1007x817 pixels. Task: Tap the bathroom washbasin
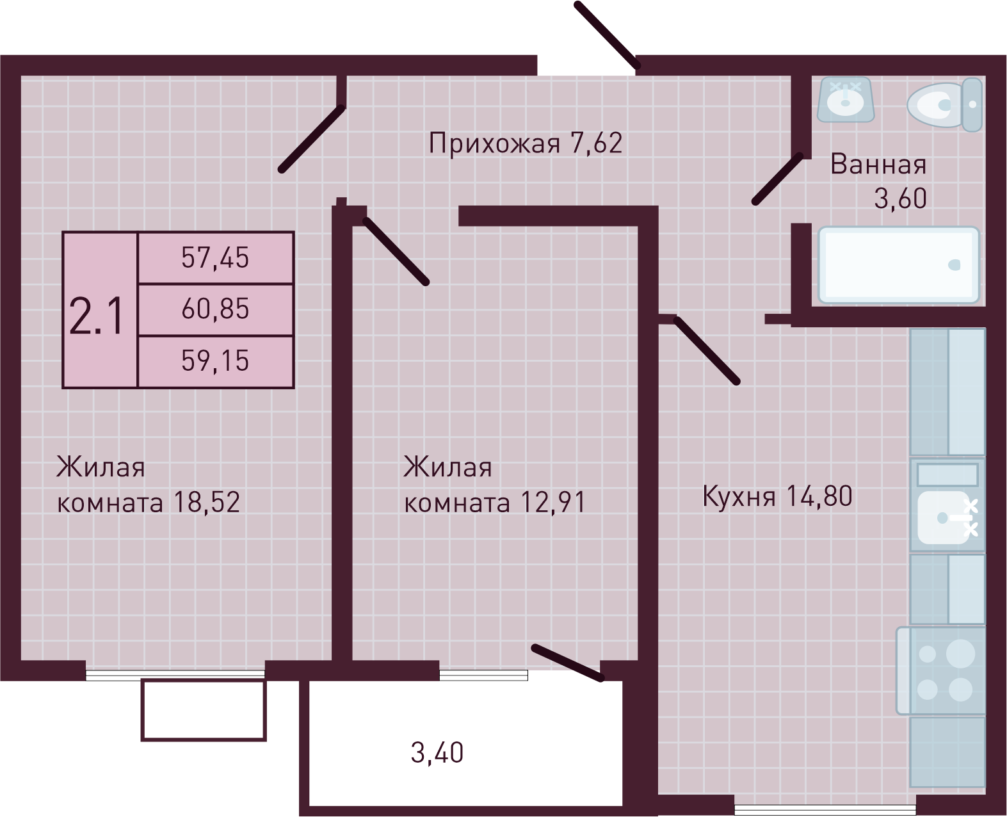tap(846, 99)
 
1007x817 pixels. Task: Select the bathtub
tap(899, 264)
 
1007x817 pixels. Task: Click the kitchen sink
tap(946, 517)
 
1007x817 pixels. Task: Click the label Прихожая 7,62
tap(525, 143)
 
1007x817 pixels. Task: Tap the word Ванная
tap(878, 165)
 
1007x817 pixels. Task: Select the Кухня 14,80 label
tap(777, 496)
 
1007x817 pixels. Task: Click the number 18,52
tap(206, 503)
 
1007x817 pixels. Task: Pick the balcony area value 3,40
tap(437, 752)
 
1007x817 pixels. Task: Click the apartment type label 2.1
tap(97, 317)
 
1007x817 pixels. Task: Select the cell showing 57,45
tap(215, 257)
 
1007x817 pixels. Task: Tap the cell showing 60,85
tap(215, 309)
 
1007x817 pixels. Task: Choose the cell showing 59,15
tap(215, 361)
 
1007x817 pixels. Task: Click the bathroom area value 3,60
tap(900, 199)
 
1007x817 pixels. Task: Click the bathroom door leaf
tap(777, 179)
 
